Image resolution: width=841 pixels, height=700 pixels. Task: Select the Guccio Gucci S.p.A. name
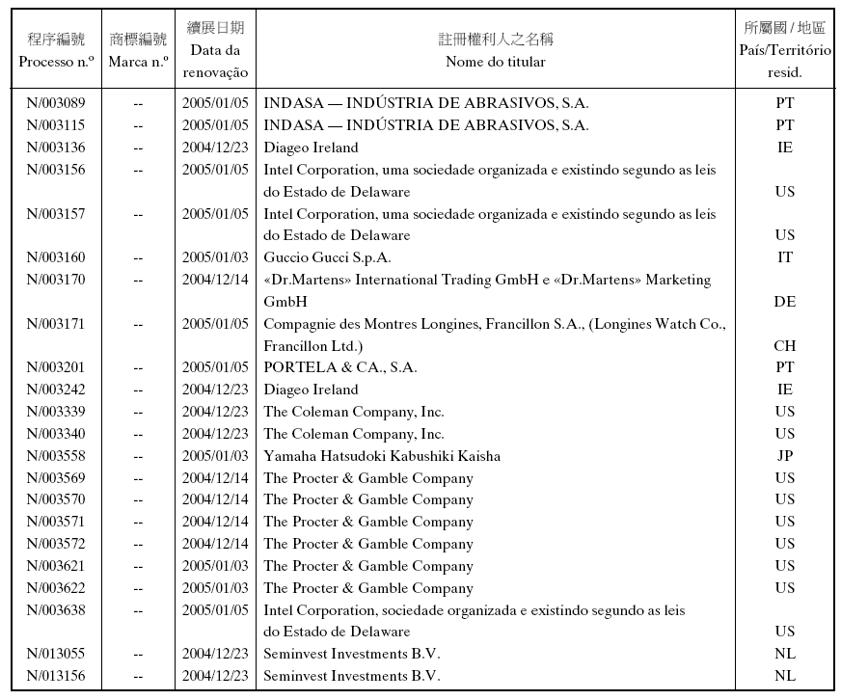pos(327,257)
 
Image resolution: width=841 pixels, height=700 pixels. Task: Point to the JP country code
pos(784,456)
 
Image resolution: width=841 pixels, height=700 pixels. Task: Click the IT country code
pos(784,257)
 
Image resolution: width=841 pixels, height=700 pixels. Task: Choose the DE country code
pos(784,302)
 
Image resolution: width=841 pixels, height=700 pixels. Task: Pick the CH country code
pos(784,345)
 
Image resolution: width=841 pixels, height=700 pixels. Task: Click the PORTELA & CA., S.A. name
pos(339,367)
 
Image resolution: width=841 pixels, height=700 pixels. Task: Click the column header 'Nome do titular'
pos(496,62)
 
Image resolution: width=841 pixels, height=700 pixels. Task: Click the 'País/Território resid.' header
pos(784,61)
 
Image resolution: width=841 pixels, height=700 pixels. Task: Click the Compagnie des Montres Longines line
pos(494,324)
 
